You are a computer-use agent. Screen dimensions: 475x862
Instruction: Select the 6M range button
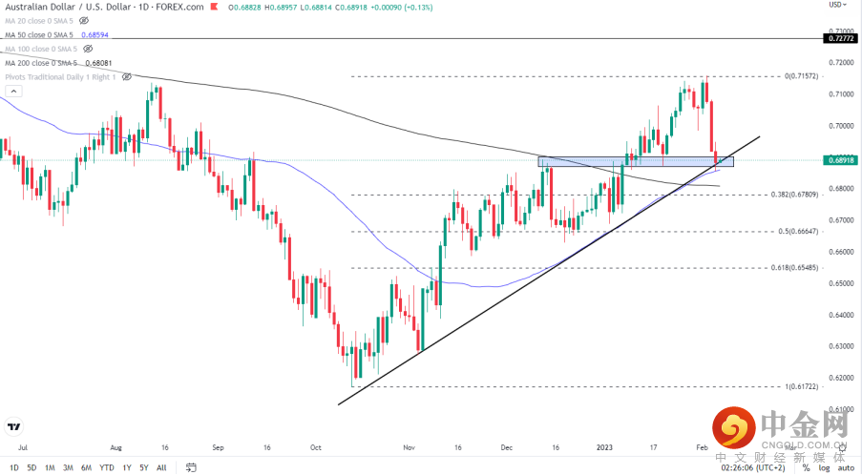pyautogui.click(x=85, y=467)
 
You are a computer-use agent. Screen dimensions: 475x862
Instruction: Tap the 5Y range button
pyautogui.click(x=143, y=467)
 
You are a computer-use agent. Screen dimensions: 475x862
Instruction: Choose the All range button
pyautogui.click(x=161, y=467)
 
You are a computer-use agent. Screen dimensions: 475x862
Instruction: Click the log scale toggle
pyautogui.click(x=823, y=467)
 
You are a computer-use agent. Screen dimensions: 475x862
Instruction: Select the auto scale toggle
pyautogui.click(x=846, y=467)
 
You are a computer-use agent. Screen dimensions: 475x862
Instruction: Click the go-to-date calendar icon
pyautogui.click(x=191, y=467)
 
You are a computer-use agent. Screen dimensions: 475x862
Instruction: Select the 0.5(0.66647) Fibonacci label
pyautogui.click(x=796, y=231)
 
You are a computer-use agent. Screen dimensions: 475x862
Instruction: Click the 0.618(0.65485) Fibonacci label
pyautogui.click(x=794, y=268)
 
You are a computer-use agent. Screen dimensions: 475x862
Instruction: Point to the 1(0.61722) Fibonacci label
pyautogui.click(x=800, y=387)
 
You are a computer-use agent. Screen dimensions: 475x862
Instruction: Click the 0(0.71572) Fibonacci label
pyautogui.click(x=800, y=76)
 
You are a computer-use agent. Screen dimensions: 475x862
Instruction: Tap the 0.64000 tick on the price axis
pyautogui.click(x=840, y=315)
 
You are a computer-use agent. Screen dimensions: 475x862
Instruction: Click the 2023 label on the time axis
pyautogui.click(x=604, y=445)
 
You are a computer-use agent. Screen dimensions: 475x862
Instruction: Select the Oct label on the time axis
pyautogui.click(x=316, y=445)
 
